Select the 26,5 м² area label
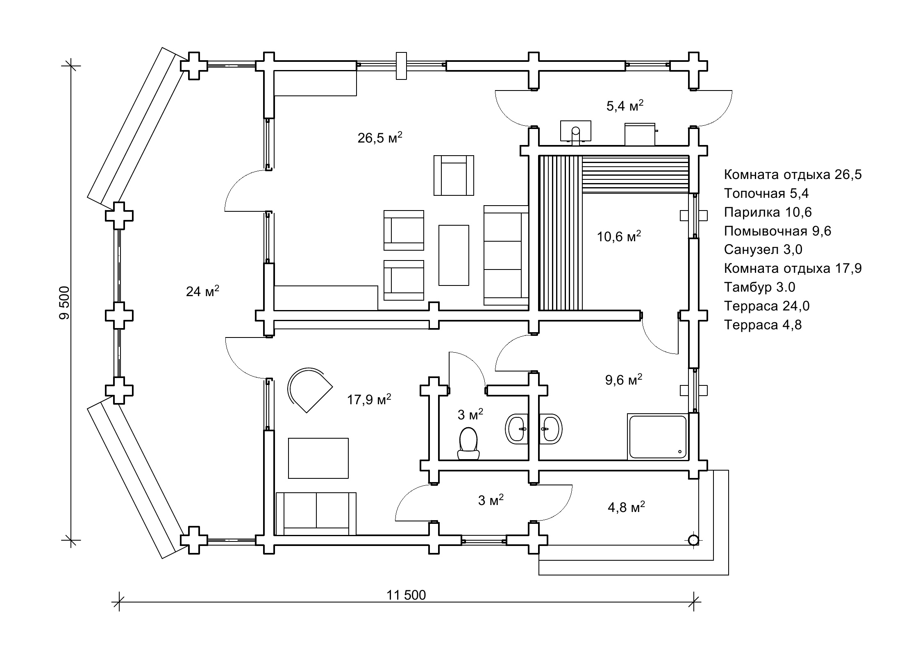click(x=379, y=138)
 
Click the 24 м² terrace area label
click(x=202, y=291)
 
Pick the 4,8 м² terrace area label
click(x=626, y=507)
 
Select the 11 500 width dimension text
click(x=406, y=595)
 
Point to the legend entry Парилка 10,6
click(x=768, y=212)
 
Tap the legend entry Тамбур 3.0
click(x=759, y=287)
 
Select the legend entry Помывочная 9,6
click(x=777, y=231)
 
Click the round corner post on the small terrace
click(x=693, y=540)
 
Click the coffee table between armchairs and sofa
click(x=454, y=255)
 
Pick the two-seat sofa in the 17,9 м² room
click(x=316, y=514)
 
